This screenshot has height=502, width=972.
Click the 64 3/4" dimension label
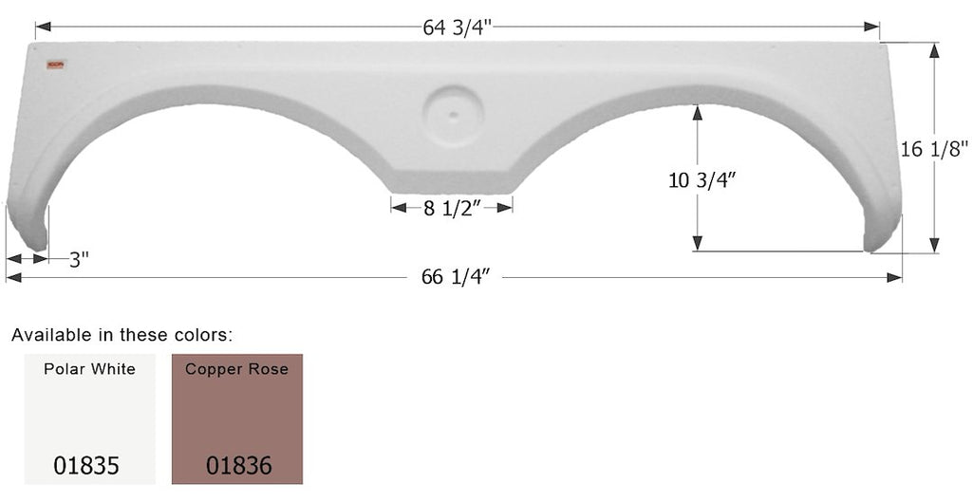coord(458,28)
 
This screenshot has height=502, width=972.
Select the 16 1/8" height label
coord(934,149)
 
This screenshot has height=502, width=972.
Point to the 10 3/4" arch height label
coord(701,179)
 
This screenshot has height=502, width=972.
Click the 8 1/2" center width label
coord(453,208)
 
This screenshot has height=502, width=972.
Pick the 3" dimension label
coord(79,259)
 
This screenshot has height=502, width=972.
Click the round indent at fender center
coord(453,115)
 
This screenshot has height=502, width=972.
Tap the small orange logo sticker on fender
coord(56,65)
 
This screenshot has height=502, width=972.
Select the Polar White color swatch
coord(90,418)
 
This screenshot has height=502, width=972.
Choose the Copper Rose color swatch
coord(237,418)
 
